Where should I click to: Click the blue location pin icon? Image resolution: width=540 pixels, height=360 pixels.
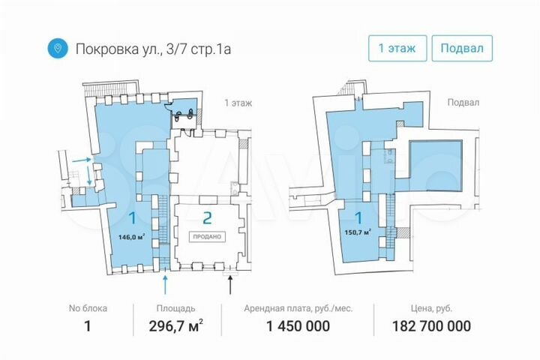pyautogui.click(x=58, y=48)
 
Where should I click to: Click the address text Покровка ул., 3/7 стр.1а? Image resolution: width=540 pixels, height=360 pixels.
pyautogui.click(x=153, y=49)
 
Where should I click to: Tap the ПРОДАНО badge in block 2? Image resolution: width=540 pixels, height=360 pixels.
pyautogui.click(x=207, y=237)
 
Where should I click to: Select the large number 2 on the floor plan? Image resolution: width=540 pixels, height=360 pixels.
pyautogui.click(x=207, y=218)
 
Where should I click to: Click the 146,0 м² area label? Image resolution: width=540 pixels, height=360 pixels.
pyautogui.click(x=131, y=237)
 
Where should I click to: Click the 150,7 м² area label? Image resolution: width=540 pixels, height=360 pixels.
pyautogui.click(x=358, y=232)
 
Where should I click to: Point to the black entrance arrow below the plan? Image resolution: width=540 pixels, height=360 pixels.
pyautogui.click(x=230, y=282)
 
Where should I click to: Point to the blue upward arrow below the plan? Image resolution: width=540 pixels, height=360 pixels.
pyautogui.click(x=165, y=282)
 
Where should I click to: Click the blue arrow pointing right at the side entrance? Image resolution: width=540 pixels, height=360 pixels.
pyautogui.click(x=82, y=160)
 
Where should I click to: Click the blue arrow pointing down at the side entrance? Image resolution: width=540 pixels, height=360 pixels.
pyautogui.click(x=89, y=175)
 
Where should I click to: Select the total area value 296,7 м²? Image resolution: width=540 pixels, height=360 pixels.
pyautogui.click(x=175, y=326)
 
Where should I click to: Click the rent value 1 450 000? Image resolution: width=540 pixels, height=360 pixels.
pyautogui.click(x=298, y=326)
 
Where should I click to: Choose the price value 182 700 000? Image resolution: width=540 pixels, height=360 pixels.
pyautogui.click(x=431, y=326)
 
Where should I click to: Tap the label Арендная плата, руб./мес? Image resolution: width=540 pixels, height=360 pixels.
pyautogui.click(x=298, y=309)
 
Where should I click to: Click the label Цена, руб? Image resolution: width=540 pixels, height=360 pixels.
pyautogui.click(x=431, y=309)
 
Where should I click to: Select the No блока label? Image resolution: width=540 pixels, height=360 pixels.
pyautogui.click(x=88, y=308)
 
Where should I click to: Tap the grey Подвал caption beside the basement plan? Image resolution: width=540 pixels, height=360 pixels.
pyautogui.click(x=463, y=103)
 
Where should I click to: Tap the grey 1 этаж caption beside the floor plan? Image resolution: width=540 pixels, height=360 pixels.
pyautogui.click(x=238, y=103)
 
